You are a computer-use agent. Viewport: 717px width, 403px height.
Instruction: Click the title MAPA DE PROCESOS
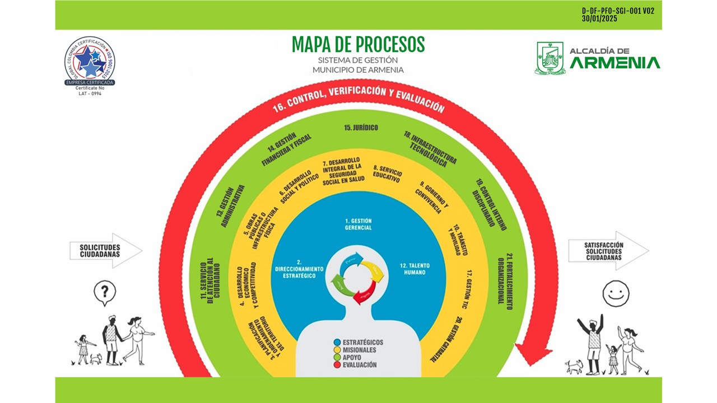click(358, 45)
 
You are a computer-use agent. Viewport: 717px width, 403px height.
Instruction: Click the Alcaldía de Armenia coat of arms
click(550, 58)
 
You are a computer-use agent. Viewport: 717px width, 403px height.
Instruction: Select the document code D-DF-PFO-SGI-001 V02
click(618, 11)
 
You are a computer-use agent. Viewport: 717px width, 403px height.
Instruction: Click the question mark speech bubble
click(105, 292)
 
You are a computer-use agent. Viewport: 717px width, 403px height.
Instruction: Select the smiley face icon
click(616, 293)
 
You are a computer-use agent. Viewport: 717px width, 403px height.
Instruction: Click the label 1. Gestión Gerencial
click(358, 224)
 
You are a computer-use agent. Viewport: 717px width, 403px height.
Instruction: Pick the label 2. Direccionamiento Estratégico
click(299, 269)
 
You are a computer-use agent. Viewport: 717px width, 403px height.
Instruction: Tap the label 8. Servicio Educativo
click(387, 174)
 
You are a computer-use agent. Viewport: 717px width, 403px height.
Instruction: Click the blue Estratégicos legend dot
click(337, 343)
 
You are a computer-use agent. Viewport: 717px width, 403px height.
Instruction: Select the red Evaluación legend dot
click(337, 365)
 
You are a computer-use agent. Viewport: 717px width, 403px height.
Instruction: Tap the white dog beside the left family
click(96, 359)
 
